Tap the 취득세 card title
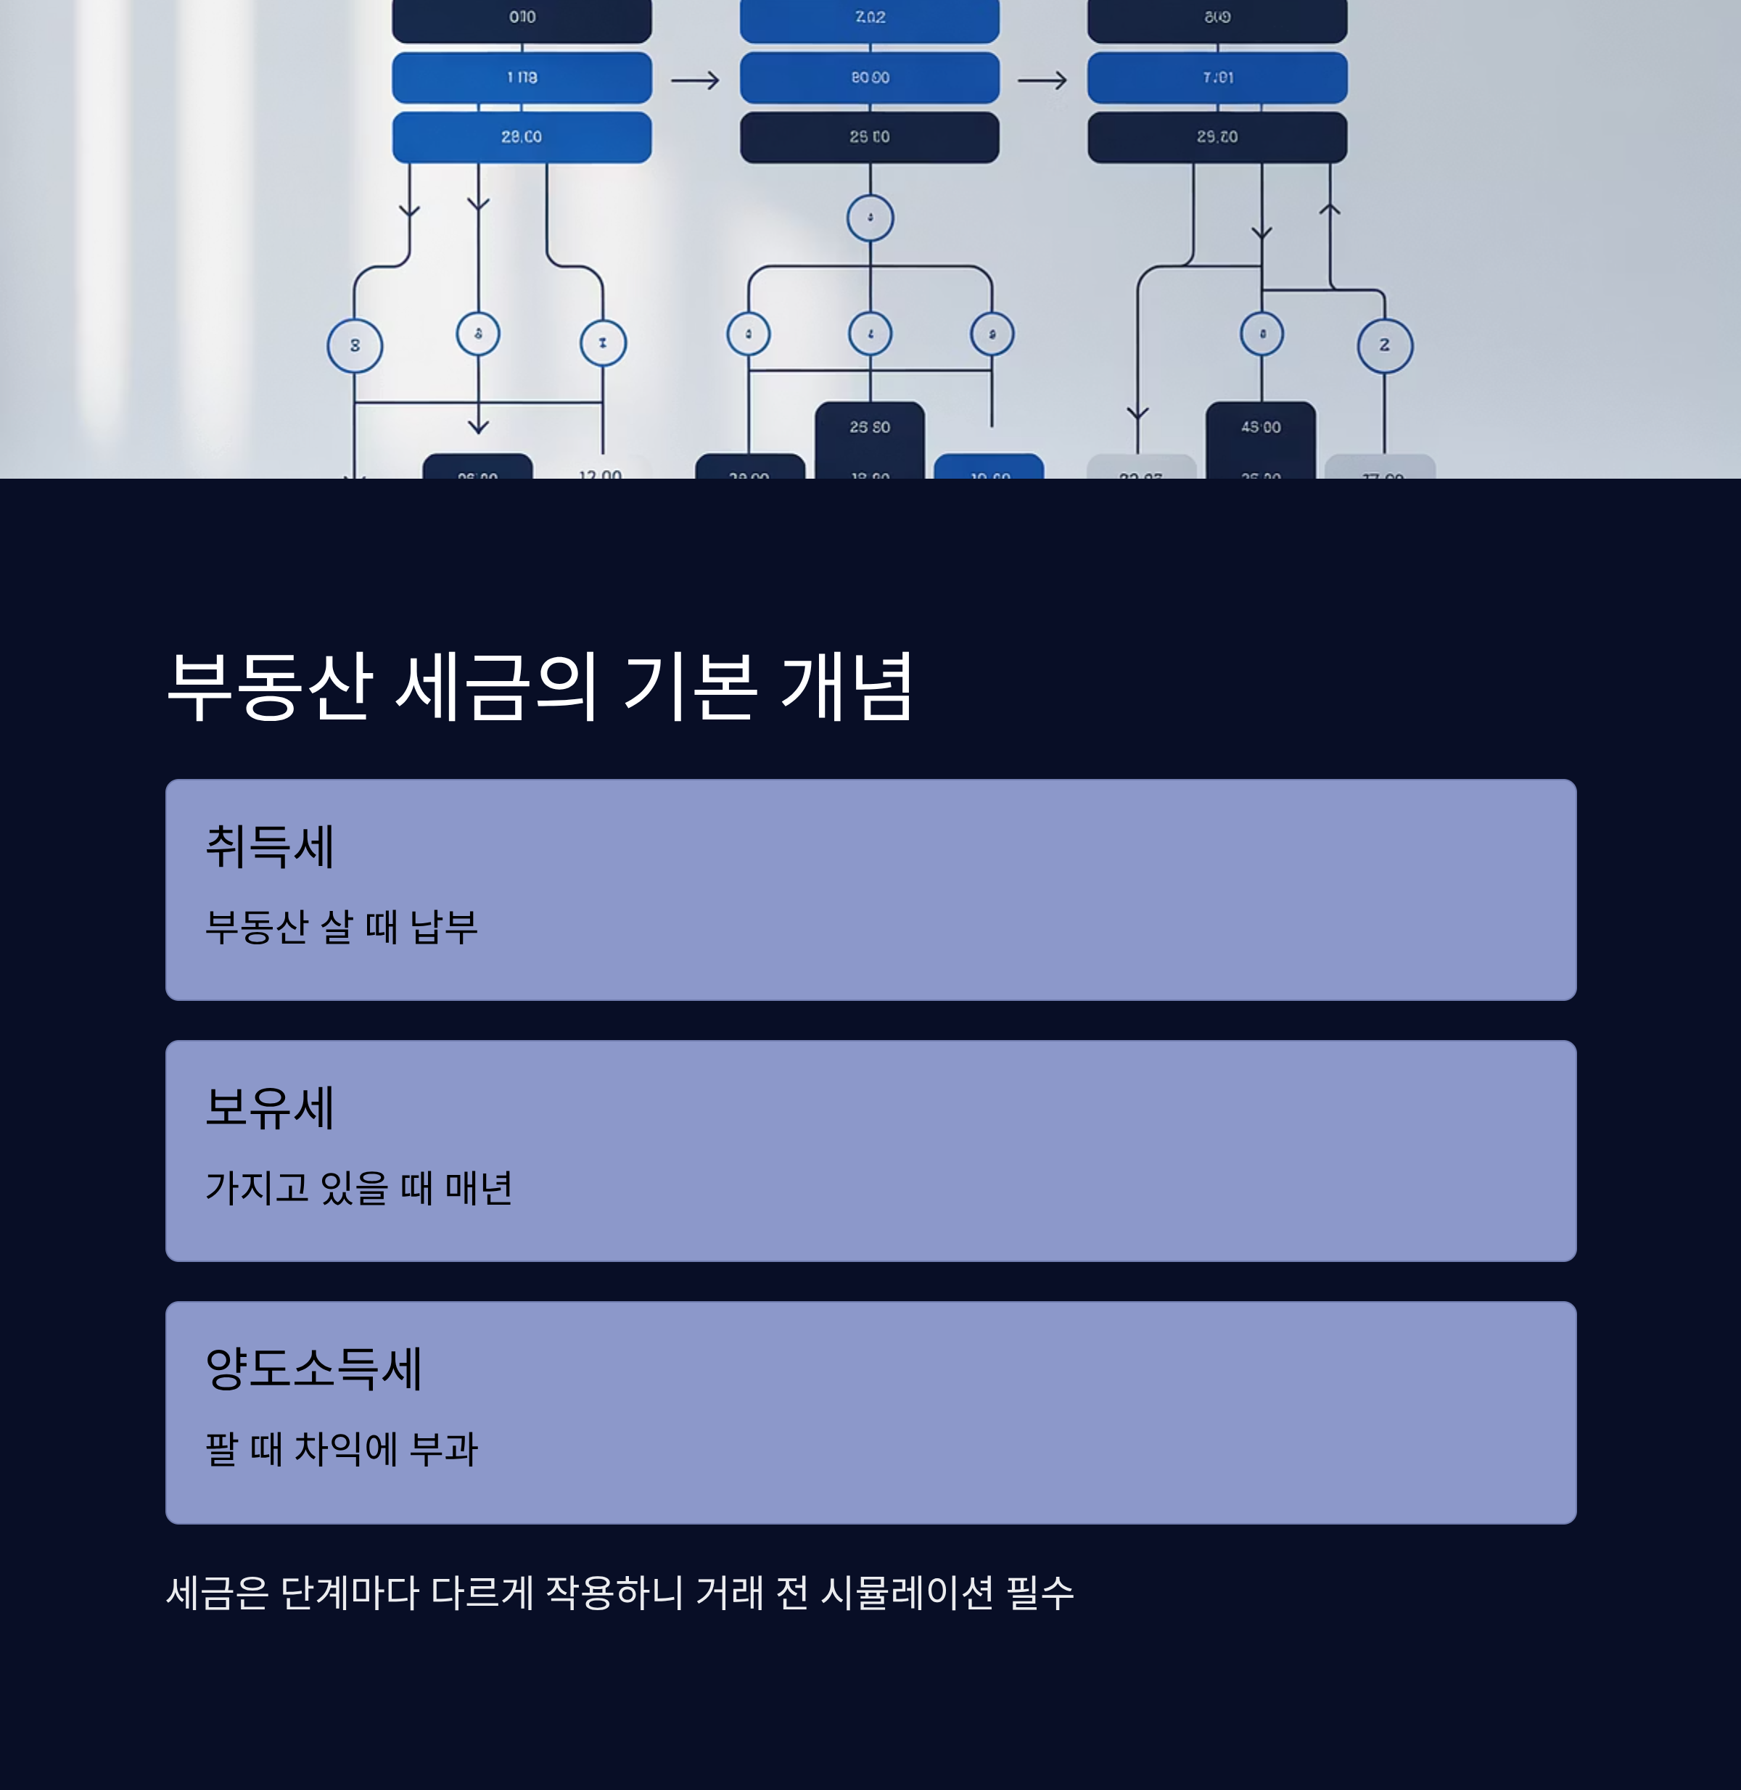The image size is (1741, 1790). tap(270, 846)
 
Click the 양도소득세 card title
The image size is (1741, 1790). tap(313, 1369)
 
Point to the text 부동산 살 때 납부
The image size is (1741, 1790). tap(341, 927)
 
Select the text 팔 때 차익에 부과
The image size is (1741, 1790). tap(341, 1449)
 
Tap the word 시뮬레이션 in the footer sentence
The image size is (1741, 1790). tap(906, 1593)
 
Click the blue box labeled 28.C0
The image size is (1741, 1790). tap(521, 137)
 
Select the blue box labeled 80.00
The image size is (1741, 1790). tap(870, 78)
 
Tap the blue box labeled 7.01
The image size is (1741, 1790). tap(1217, 78)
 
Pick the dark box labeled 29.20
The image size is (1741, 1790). tap(1217, 137)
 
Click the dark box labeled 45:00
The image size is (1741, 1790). tap(1261, 434)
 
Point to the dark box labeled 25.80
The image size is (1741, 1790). tap(870, 434)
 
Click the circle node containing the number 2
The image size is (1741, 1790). tap(1384, 345)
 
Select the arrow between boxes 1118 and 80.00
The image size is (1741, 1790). tap(695, 81)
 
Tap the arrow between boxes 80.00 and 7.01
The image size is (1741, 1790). tap(1042, 81)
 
